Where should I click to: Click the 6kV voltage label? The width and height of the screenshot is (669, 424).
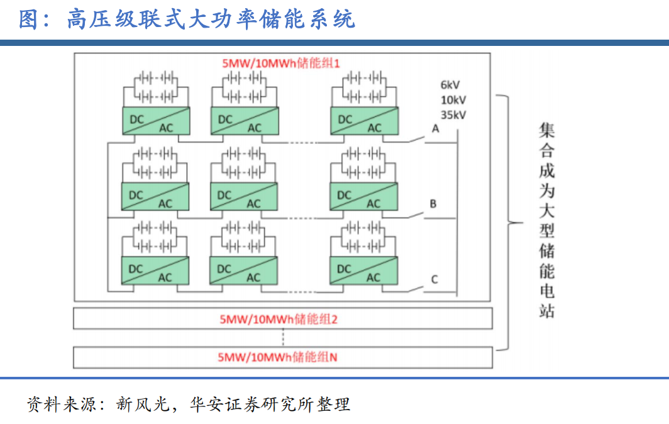450,84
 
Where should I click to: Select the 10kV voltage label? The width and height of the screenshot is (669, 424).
453,100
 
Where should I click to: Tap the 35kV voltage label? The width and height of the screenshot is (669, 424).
453,115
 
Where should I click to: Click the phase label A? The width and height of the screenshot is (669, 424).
434,129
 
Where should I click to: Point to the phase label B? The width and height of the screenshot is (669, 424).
433,204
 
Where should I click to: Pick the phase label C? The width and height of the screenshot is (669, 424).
434,279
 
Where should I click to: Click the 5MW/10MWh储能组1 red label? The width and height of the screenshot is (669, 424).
280,64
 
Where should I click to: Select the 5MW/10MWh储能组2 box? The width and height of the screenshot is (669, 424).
283,319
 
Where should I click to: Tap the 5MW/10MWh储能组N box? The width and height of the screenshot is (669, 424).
283,357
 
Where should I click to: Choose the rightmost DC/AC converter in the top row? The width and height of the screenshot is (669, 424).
365,120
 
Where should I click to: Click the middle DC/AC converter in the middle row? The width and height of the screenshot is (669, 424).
243,196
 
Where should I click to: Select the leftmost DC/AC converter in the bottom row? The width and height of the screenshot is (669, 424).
155,270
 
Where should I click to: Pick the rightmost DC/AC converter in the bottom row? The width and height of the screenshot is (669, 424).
363,270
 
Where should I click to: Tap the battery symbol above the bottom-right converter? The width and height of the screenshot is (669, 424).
364,237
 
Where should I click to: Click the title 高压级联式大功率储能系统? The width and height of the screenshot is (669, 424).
211,19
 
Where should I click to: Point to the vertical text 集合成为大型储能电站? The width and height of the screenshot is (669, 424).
547,220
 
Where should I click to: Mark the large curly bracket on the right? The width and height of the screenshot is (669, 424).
511,222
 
